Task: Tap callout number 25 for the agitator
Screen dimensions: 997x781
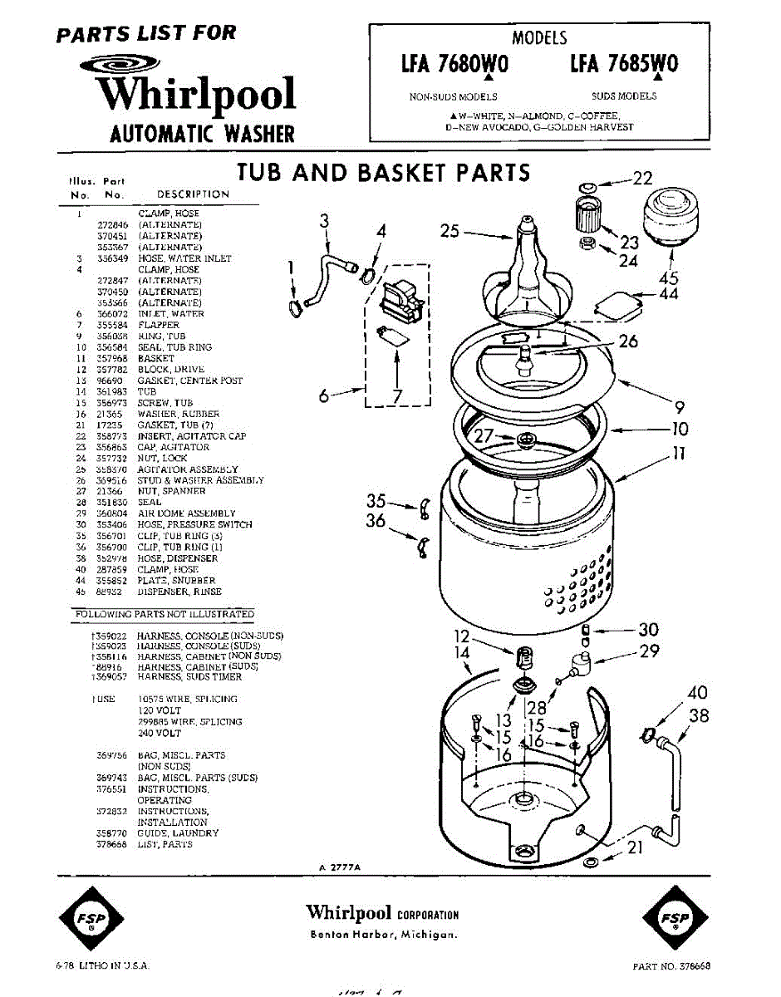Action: pos(449,231)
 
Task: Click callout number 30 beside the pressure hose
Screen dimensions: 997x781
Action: pos(648,630)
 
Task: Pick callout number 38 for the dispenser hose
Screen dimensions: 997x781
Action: pos(700,715)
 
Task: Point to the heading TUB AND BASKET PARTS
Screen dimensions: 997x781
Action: pos(383,172)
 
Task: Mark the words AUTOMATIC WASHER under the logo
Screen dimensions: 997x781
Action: pos(202,133)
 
